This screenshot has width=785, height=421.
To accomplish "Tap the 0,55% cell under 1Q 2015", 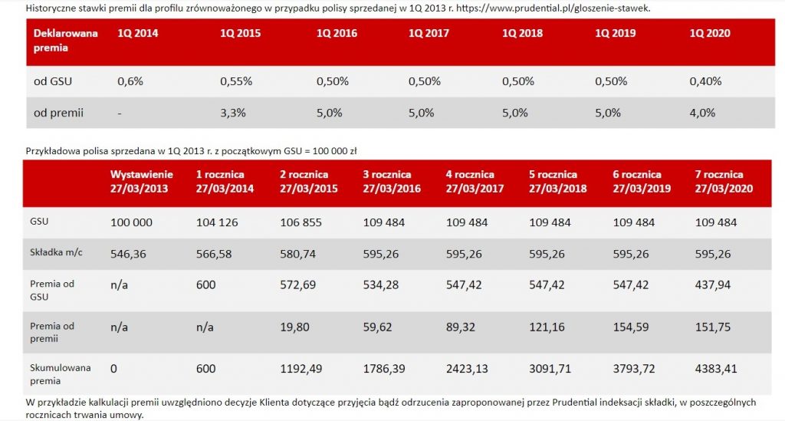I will click(x=235, y=81).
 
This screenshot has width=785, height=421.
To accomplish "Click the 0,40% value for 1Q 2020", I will click(x=705, y=81).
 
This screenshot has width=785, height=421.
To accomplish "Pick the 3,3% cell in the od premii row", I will click(x=232, y=113).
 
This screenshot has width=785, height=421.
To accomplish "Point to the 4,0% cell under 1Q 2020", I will click(x=702, y=113).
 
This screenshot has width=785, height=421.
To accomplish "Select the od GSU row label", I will click(x=53, y=81).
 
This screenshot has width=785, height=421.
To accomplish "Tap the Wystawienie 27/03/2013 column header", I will click(x=142, y=182).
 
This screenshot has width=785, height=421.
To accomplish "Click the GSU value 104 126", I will click(x=217, y=222).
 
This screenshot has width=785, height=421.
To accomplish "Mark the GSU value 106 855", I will click(x=301, y=222).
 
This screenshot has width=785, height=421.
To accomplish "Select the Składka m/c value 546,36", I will click(x=128, y=254).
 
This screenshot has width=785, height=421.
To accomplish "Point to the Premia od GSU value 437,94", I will click(x=714, y=285).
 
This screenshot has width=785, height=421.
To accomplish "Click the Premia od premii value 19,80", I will click(x=294, y=327).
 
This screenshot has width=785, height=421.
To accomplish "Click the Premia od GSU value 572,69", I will click(x=298, y=285).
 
